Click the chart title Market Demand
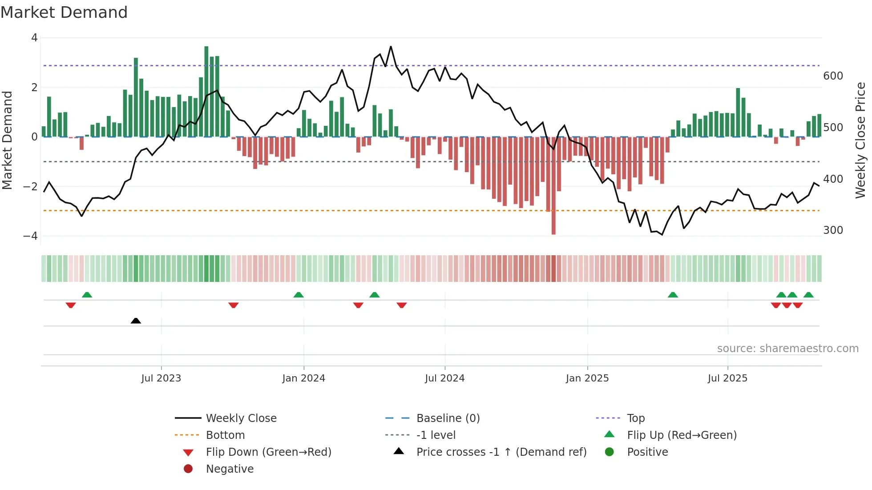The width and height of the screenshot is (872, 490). click(64, 12)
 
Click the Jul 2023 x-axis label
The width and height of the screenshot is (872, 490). click(161, 378)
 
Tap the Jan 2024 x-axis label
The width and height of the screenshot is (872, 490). click(304, 378)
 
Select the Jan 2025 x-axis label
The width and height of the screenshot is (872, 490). click(587, 378)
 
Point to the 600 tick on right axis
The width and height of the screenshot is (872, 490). click(833, 76)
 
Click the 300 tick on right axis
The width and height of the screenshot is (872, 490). click(833, 230)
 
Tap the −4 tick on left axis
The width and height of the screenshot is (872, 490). click(31, 236)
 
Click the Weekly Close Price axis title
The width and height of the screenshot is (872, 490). click(860, 140)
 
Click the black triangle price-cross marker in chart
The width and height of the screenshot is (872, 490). click(136, 321)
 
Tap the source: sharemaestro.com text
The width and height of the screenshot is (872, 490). click(787, 349)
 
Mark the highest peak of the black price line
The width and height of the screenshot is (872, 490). click(391, 47)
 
